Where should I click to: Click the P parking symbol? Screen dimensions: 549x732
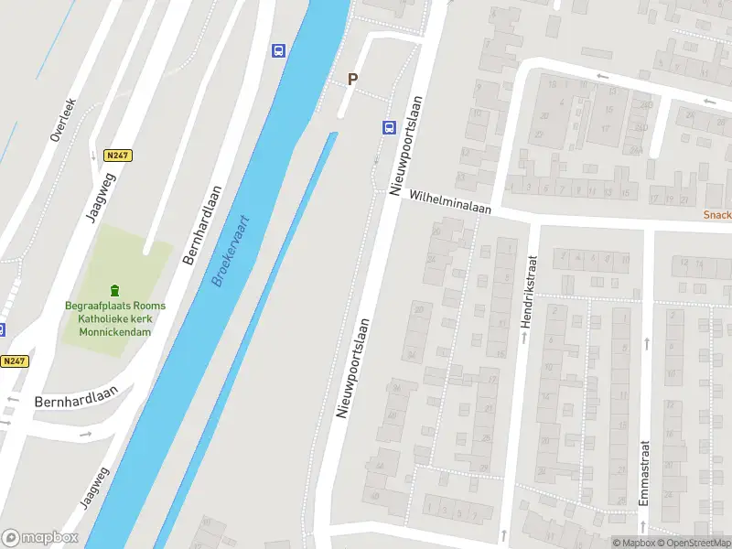(352, 80)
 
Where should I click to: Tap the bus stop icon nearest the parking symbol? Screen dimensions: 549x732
(388, 127)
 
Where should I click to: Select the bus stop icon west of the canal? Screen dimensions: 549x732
(277, 50)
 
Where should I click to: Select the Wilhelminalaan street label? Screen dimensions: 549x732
(450, 202)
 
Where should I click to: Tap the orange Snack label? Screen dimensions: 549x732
(716, 215)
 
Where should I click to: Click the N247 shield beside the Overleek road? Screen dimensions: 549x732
(118, 156)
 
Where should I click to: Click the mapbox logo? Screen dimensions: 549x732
(39, 538)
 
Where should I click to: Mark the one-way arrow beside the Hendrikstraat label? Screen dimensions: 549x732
(524, 338)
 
